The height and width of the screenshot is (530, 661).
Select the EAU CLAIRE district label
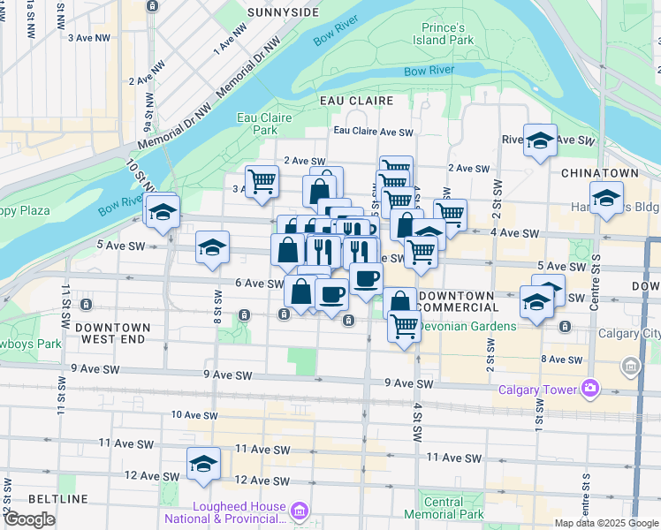pyautogui.click(x=357, y=101)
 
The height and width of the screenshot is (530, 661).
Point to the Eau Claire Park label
pyautogui.click(x=257, y=123)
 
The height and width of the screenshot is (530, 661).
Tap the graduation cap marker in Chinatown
pyautogui.click(x=606, y=200)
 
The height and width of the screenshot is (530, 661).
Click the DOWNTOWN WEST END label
pyautogui.click(x=113, y=333)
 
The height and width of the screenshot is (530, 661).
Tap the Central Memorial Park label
pyautogui.click(x=444, y=508)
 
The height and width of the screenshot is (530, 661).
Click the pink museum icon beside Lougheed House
pyautogui.click(x=300, y=511)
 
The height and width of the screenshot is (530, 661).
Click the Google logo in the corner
pyautogui.click(x=29, y=519)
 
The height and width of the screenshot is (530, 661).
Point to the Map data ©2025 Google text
pyautogui.click(x=605, y=523)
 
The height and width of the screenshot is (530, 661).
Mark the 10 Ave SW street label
pyautogui.click(x=194, y=415)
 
